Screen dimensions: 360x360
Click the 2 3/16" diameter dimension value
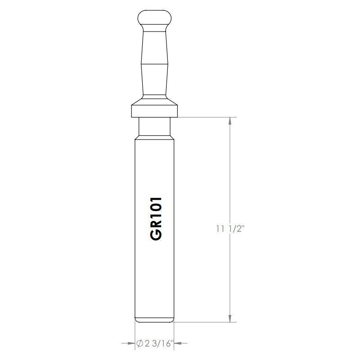(153, 343)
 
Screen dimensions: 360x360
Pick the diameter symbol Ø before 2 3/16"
(139, 343)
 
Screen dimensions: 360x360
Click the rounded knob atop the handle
(154, 18)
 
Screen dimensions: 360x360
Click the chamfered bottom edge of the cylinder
(154, 320)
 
